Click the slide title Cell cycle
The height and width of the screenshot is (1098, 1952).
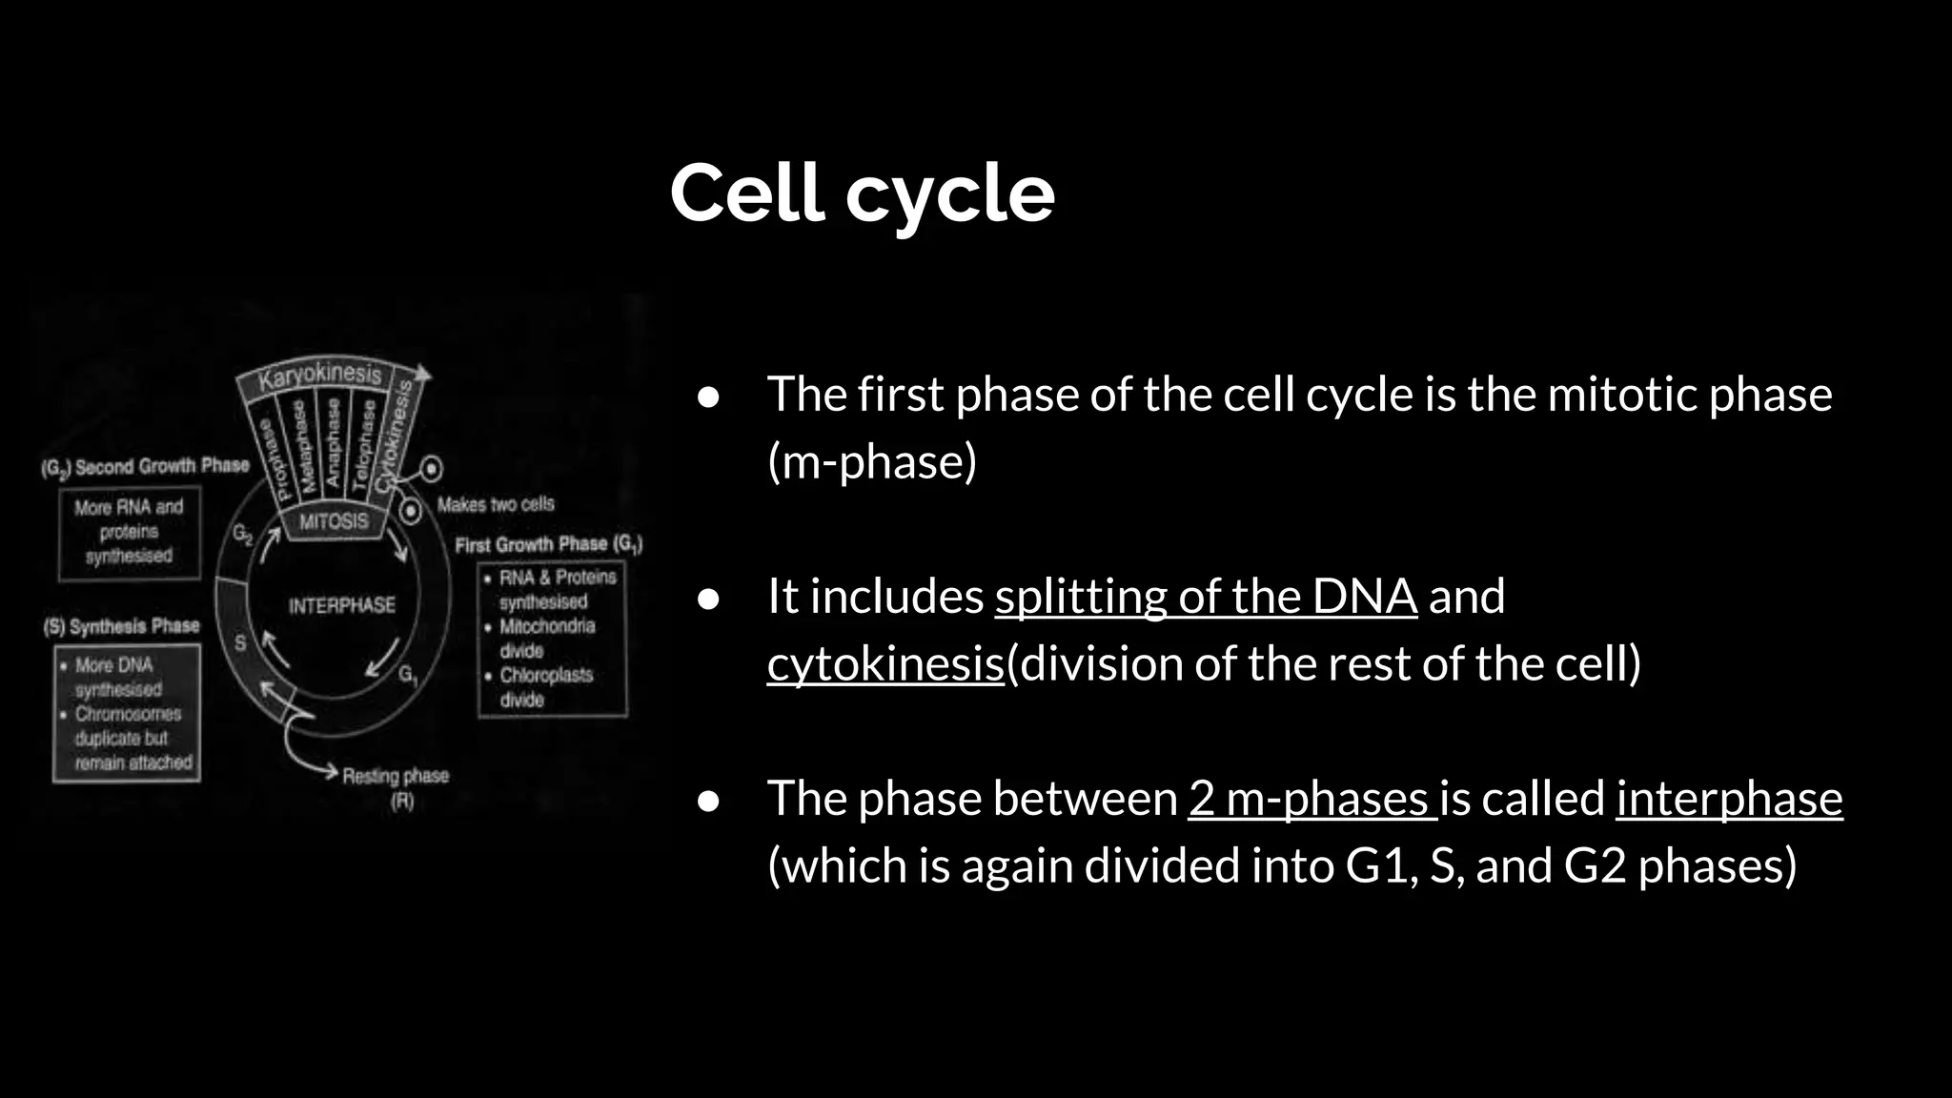862,193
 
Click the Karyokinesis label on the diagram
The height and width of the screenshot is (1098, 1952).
320,376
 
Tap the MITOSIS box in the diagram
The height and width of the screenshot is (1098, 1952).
333,521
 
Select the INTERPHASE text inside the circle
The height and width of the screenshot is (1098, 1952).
341,605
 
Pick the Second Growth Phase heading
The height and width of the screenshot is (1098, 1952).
146,467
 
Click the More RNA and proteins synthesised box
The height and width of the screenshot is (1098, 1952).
130,532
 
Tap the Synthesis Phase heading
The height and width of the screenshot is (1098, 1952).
122,626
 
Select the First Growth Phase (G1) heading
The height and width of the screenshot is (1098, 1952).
548,544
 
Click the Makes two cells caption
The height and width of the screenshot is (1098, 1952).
495,504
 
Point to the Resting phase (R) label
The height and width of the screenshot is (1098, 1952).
396,786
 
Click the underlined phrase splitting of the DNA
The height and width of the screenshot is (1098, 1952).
1205,598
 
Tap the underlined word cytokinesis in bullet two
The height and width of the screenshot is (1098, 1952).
885,664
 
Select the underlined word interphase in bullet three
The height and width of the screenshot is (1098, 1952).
1728,799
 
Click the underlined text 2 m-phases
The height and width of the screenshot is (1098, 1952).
1311,799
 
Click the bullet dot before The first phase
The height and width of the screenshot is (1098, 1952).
708,396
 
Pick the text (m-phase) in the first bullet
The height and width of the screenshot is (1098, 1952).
872,462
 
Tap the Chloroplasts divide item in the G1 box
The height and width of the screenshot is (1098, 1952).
545,687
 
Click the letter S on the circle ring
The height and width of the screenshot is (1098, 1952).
239,642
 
